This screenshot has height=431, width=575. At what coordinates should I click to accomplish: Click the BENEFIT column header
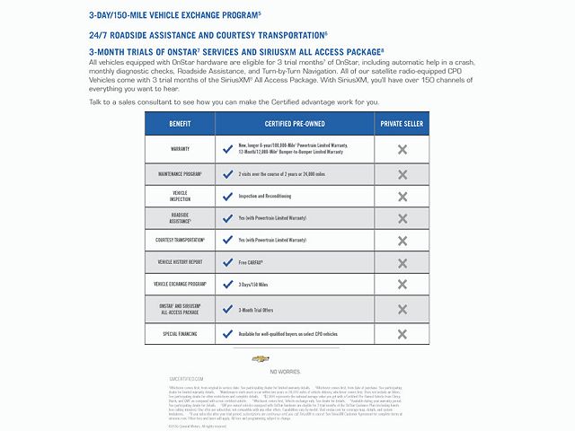tap(180, 123)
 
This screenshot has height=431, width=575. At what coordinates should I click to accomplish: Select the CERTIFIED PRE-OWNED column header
tap(294, 123)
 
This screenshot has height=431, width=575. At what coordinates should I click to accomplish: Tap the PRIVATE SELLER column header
tap(402, 123)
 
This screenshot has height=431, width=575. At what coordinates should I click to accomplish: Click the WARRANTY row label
tap(180, 149)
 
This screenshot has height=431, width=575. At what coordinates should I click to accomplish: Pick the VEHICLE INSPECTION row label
tap(180, 195)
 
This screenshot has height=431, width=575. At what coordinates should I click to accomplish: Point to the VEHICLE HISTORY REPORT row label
tap(180, 262)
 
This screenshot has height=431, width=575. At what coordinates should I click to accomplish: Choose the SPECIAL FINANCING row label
tap(180, 333)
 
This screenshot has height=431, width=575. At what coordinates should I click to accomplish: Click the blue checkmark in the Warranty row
tap(228, 149)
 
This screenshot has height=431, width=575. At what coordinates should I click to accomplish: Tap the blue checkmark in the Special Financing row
tap(228, 333)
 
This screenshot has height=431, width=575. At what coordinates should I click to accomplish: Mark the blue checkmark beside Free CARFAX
tap(228, 262)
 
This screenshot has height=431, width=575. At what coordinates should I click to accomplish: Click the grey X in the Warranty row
tap(402, 149)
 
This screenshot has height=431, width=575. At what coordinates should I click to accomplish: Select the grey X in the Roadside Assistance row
tap(402, 218)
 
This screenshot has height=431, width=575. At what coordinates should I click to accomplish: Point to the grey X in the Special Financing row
tap(402, 333)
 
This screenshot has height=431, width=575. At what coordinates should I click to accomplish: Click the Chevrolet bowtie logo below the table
tap(261, 358)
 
